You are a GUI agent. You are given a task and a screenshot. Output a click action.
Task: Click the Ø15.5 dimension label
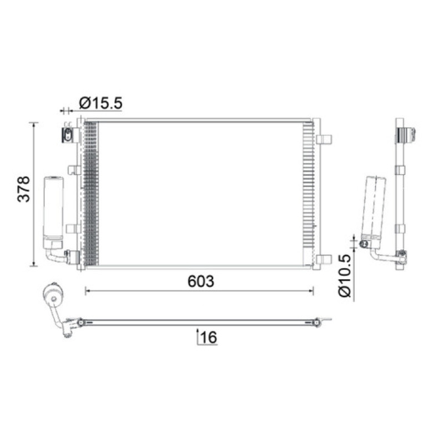[x=101, y=103]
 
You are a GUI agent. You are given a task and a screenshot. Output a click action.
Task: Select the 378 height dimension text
[x=23, y=189]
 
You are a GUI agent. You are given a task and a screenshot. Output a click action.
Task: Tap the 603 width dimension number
[x=201, y=281]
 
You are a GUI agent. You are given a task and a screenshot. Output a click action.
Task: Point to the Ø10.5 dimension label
[x=345, y=275]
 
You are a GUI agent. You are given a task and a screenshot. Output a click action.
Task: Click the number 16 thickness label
[x=209, y=337]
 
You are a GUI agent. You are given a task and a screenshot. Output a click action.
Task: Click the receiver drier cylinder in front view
[x=53, y=213]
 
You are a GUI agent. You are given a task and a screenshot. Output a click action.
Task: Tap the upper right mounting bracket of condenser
[x=324, y=139]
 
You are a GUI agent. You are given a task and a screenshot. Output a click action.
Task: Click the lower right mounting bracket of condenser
[x=324, y=259]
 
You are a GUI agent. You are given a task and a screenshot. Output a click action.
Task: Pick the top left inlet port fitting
[x=68, y=135]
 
